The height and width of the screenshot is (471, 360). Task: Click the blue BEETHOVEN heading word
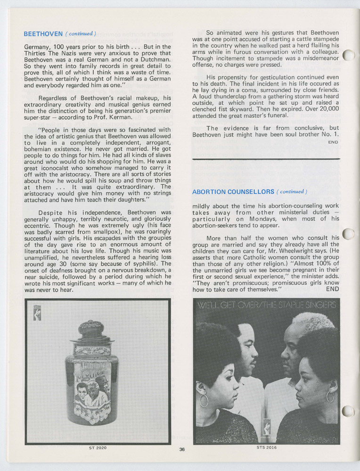(43, 34)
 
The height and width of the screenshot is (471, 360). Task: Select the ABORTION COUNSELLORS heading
(233, 192)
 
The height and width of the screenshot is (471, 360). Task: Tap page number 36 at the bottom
(182, 449)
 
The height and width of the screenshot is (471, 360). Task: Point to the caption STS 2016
(267, 447)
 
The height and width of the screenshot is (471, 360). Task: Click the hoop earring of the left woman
(205, 400)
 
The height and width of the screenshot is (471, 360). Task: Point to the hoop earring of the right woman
(330, 397)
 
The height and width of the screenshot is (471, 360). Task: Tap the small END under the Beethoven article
(333, 142)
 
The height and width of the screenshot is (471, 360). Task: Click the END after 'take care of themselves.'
(332, 289)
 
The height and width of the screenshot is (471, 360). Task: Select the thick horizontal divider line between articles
(266, 159)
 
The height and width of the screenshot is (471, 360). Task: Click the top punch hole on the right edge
(348, 55)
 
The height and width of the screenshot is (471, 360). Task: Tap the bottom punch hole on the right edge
(348, 411)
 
